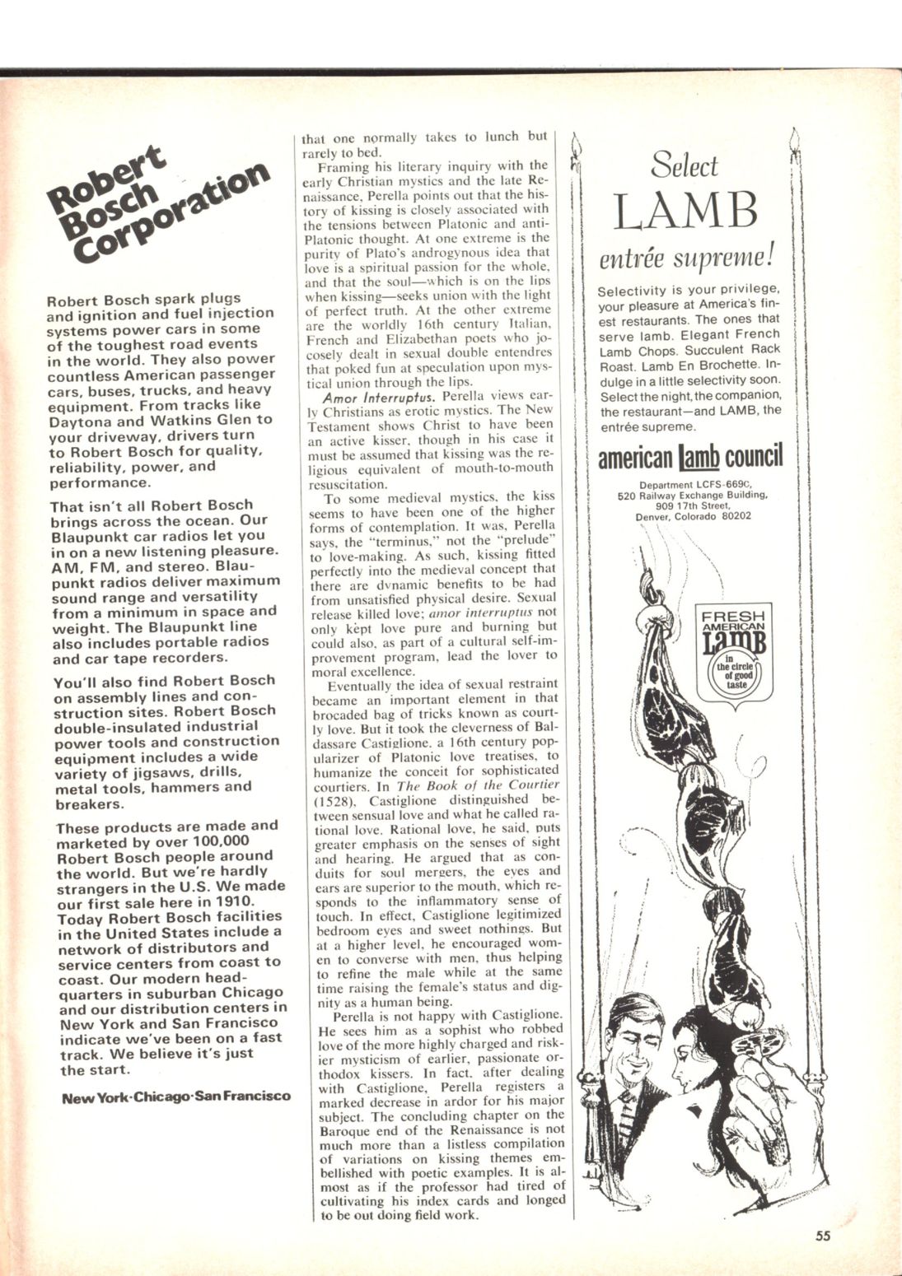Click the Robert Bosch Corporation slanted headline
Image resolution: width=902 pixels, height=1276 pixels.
coord(157,209)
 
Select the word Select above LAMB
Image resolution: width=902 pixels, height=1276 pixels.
coord(684,166)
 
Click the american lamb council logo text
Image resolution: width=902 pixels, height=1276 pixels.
coord(689,456)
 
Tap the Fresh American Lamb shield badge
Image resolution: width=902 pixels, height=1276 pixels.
coord(732,650)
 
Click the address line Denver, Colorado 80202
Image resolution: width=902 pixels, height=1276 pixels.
coord(693,517)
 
